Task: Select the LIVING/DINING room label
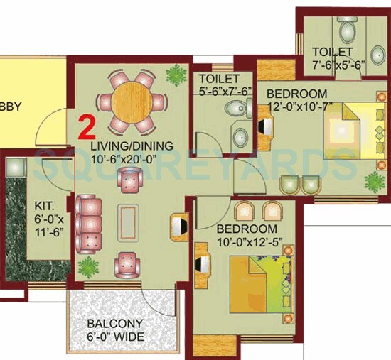pos(132,146)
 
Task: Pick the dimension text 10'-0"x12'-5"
pos(246,243)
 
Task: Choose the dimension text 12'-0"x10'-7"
pos(297,107)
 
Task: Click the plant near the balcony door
pos(89,267)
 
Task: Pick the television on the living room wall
pos(177,225)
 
